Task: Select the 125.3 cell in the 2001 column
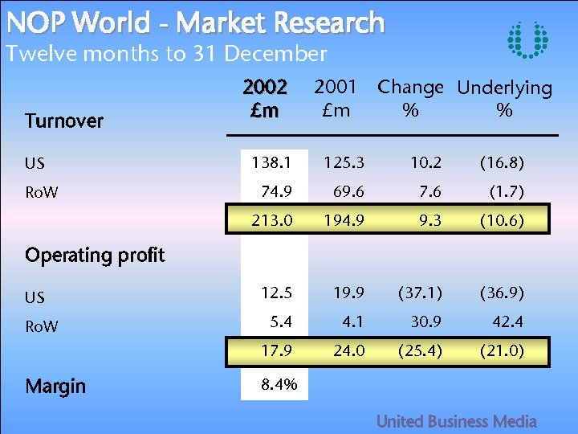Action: (x=344, y=163)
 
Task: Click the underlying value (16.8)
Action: (x=502, y=163)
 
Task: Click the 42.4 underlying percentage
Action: (x=507, y=322)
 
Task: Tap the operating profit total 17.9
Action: (x=274, y=350)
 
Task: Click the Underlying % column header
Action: (x=504, y=99)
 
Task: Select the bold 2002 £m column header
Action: (x=266, y=99)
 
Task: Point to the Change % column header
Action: (x=410, y=98)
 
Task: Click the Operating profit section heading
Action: (x=95, y=256)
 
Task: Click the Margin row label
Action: (x=55, y=387)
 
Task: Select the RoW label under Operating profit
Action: (x=42, y=327)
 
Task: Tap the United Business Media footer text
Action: (x=457, y=421)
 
